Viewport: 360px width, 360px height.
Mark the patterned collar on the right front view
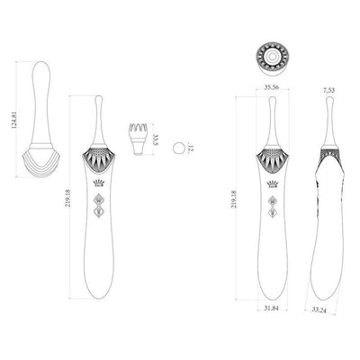[270, 160]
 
